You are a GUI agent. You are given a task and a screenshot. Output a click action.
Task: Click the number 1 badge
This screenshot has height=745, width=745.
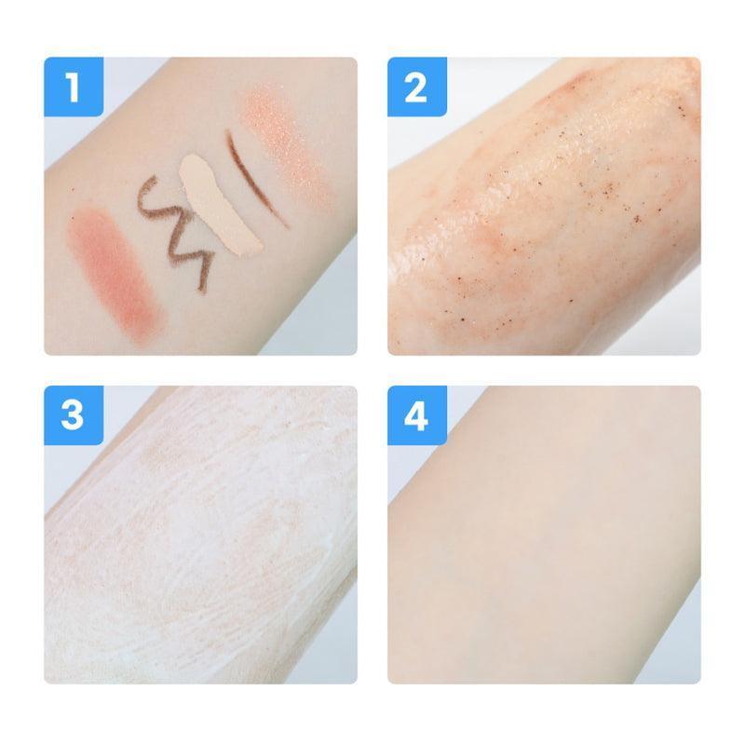[74, 87]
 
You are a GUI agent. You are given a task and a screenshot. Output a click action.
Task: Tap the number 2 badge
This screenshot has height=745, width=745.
[417, 87]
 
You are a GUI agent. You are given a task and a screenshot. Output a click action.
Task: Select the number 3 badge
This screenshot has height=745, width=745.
[74, 415]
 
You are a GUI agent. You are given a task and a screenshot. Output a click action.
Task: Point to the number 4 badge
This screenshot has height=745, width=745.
[417, 415]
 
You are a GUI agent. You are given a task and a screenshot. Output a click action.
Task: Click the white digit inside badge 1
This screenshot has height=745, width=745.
[73, 88]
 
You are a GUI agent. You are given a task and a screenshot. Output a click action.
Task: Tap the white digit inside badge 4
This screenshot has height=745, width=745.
[416, 416]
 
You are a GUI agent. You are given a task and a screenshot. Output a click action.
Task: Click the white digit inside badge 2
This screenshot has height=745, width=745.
[416, 88]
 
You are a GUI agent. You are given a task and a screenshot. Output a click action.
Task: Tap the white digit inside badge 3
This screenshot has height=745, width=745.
[73, 416]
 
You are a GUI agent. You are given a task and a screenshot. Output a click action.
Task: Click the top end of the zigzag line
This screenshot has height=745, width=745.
[156, 178]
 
